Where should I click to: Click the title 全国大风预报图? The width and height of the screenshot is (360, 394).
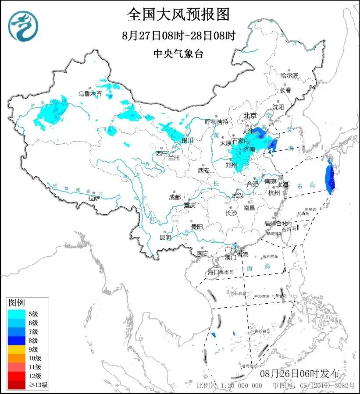coord(178,14)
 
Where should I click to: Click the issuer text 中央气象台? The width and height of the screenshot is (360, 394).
coord(178,53)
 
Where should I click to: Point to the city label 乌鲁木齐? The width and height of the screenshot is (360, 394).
coord(90,93)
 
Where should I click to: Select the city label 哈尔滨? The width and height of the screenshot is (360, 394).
coord(289,76)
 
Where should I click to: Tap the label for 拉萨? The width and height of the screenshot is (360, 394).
coord(94,198)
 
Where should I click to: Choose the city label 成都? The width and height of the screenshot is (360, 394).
coord(175,197)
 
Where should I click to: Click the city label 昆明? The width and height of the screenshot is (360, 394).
coord(165,237)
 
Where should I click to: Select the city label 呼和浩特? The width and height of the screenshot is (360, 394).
coord(217,121)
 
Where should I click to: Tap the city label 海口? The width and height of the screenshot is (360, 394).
coord(213,273)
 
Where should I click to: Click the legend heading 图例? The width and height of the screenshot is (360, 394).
coord(17,302)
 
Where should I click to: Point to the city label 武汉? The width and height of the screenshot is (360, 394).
coord(237,195)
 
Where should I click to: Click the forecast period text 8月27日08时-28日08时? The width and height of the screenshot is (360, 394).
coord(178,35)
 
